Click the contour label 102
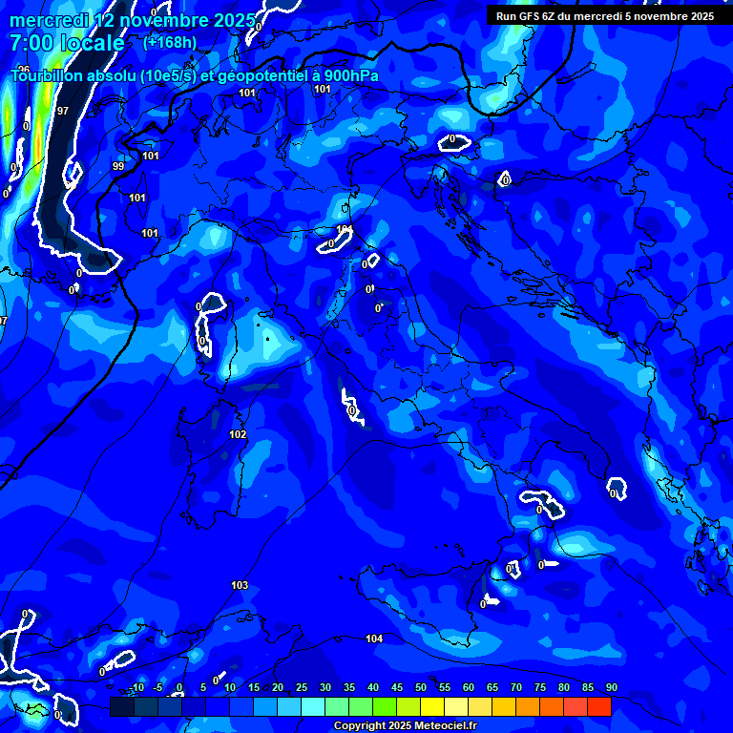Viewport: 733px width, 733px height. [238, 434]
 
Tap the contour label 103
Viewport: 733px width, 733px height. [240, 585]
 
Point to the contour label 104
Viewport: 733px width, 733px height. [374, 639]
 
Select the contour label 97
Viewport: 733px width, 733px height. [63, 111]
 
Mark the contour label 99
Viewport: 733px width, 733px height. [118, 166]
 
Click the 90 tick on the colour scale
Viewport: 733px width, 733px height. [611, 688]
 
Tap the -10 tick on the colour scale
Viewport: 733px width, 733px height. [138, 688]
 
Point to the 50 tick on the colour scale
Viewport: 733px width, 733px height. [421, 688]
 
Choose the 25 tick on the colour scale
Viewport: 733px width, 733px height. [302, 688]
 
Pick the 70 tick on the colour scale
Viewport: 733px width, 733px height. [516, 688]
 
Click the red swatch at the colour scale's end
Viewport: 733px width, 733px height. [599, 706]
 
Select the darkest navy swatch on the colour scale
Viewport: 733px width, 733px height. [122, 706]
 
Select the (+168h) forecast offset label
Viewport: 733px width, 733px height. [170, 42]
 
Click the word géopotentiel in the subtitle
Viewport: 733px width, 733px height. [262, 75]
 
